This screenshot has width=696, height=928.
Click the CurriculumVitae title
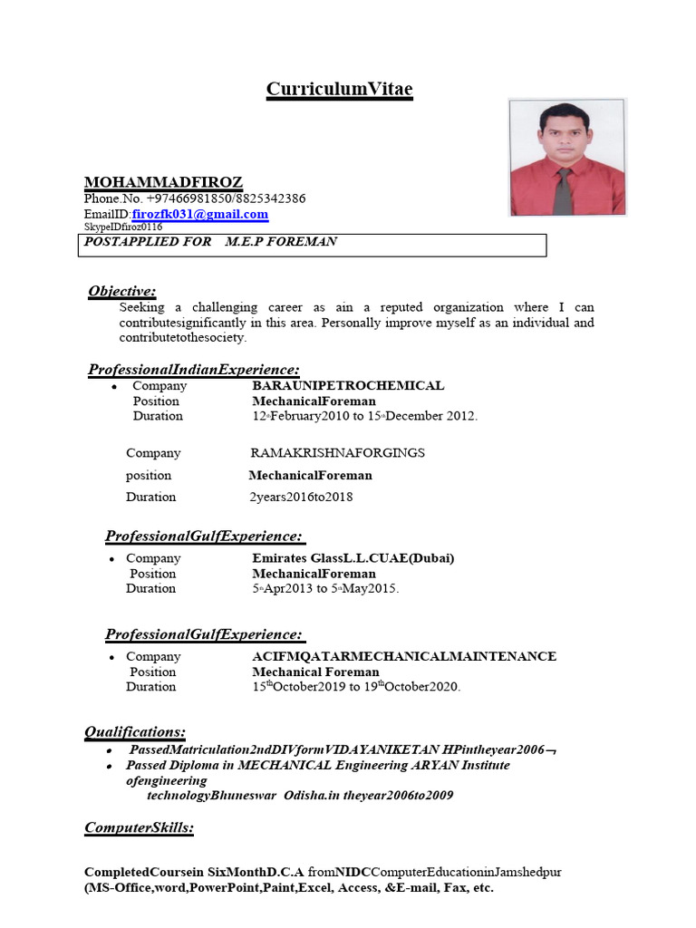[x=339, y=89]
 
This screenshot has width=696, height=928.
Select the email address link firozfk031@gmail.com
[x=200, y=215]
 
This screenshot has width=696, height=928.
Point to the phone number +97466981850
[x=184, y=198]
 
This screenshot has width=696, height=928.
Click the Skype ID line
[x=123, y=227]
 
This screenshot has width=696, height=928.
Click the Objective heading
[x=122, y=291]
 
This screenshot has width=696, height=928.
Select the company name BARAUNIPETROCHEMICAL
[x=348, y=386]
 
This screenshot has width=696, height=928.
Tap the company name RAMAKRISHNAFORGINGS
[x=337, y=453]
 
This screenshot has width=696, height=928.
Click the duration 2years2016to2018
[x=301, y=497]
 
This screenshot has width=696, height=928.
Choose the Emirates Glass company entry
[x=353, y=558]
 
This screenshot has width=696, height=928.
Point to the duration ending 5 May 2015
[x=325, y=589]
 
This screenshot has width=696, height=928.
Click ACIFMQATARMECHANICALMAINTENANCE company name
[x=404, y=656]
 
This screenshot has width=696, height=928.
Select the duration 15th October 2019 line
[x=356, y=687]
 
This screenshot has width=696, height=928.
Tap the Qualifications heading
[x=135, y=731]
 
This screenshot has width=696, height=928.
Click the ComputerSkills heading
[x=139, y=827]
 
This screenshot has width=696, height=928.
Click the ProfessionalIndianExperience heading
[x=193, y=370]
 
